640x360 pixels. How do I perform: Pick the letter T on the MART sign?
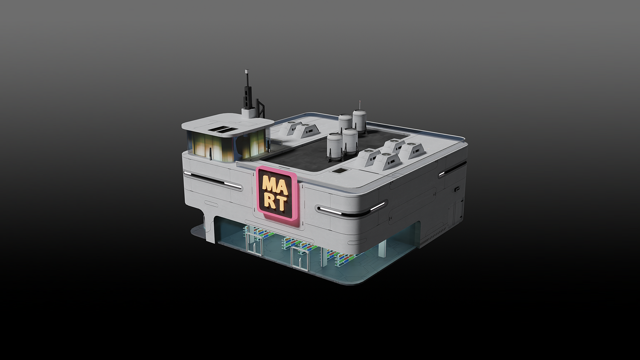point(282,203)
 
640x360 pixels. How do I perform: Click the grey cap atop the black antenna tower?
point(247,70)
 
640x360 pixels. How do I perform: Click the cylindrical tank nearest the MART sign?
point(335,146)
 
